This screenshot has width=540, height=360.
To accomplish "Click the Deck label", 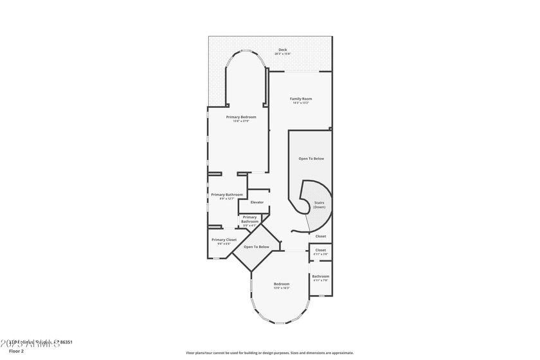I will click(282, 50).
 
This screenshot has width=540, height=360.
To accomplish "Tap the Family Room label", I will click(300, 98).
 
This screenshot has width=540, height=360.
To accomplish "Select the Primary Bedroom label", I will click(241, 116).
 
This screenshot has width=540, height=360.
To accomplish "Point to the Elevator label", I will click(257, 203).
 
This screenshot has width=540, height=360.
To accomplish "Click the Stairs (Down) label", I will click(319, 204).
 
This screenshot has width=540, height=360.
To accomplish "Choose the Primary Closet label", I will click(224, 239).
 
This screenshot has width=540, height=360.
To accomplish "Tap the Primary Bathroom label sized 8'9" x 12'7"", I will click(227, 194).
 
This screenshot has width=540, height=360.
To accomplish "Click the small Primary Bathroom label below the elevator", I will click(249, 219).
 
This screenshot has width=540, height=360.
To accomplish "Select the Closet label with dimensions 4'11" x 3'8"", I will click(320, 250).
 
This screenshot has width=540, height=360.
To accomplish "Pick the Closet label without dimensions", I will click(320, 236).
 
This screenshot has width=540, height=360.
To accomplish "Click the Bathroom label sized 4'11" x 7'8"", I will click(320, 276).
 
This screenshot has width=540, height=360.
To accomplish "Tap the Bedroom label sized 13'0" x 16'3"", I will click(282, 283).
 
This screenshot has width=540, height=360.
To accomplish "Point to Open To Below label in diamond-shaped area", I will click(256, 247).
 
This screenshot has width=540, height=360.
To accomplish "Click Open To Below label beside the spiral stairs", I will click(311, 158).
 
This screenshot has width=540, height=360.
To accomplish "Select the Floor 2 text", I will click(17, 352).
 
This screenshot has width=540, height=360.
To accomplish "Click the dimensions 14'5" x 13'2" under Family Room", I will click(300, 103).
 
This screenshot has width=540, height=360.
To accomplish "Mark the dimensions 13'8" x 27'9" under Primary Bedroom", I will click(241, 121).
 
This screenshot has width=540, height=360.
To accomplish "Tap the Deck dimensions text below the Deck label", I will click(282, 54).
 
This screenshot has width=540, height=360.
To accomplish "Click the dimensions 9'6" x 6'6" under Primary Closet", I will click(224, 244).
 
